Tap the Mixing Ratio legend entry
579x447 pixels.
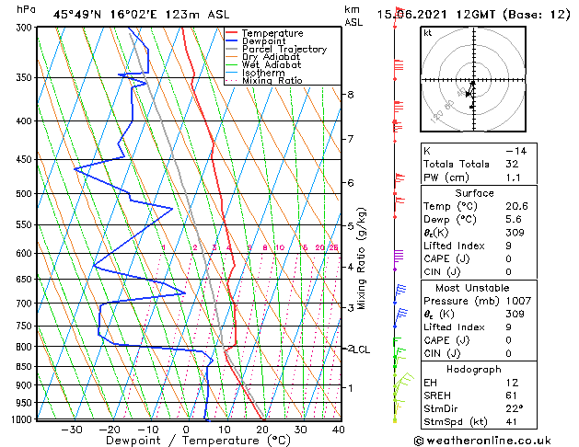272,81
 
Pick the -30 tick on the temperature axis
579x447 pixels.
71,430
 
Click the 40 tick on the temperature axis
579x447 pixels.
339,430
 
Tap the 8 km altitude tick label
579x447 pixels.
350,95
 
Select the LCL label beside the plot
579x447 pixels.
361,350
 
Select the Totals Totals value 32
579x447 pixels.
512,164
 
